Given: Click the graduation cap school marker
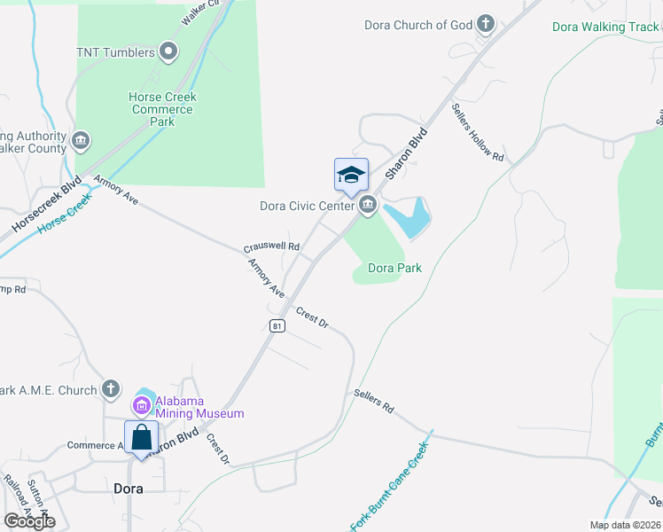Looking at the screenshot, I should tap(351, 174).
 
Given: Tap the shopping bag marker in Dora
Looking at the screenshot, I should tap(141, 437).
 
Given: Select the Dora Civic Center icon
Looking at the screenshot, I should tap(367, 207).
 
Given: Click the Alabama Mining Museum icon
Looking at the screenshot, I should tap(142, 406).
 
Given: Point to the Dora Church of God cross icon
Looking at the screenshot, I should tap(485, 24).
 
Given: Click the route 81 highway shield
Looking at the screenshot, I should tap(277, 325).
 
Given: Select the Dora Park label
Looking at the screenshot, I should tap(394, 267).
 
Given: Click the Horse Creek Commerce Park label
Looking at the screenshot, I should tap(162, 109).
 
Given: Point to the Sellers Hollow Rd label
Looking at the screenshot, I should tap(478, 133).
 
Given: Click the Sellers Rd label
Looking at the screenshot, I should tap(373, 402).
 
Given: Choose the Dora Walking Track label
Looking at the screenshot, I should tap(606, 27).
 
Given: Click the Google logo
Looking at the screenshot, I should tap(29, 520).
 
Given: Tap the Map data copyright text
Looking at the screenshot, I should tap(625, 525).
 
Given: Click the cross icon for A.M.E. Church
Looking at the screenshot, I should tap(110, 388).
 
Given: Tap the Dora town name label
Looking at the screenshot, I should tap(128, 488).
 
